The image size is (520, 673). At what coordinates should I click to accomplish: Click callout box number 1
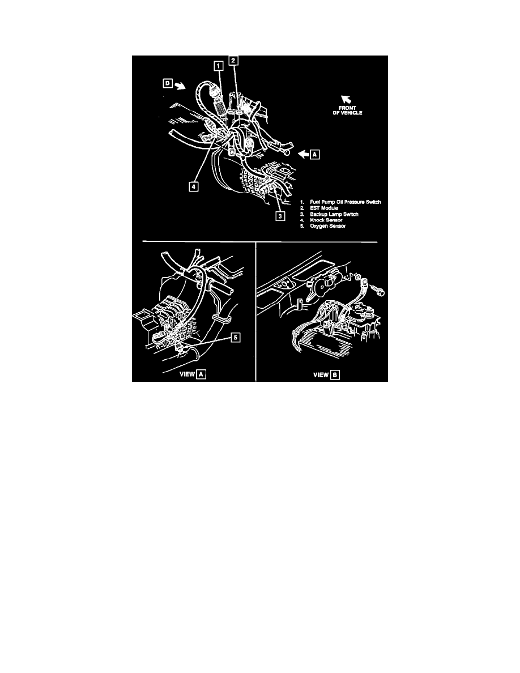click(x=219, y=66)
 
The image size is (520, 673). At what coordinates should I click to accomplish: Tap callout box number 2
click(x=233, y=61)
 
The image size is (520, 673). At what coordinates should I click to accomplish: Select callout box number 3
click(x=280, y=216)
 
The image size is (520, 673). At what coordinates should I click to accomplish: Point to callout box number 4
click(x=194, y=187)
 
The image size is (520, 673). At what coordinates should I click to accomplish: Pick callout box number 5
click(x=235, y=338)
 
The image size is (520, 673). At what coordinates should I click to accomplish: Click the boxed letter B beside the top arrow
click(x=168, y=83)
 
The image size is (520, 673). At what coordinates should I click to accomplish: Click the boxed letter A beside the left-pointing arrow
click(x=315, y=154)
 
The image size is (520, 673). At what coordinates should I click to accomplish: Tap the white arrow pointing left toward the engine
click(x=304, y=154)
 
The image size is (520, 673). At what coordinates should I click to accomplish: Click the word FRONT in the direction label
click(x=348, y=108)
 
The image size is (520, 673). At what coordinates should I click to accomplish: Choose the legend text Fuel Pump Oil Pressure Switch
click(x=346, y=202)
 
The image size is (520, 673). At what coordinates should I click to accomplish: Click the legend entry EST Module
click(x=324, y=208)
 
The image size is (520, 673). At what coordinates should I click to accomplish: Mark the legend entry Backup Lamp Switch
click(x=334, y=214)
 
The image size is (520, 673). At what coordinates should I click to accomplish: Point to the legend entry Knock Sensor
click(x=326, y=220)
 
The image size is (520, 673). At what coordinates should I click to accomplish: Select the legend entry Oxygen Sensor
click(x=328, y=226)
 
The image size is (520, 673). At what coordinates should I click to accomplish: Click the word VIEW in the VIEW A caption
click(x=187, y=374)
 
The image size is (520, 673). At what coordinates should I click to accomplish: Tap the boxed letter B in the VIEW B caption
click(x=335, y=374)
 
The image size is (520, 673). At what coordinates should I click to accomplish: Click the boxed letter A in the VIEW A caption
click(x=201, y=374)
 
